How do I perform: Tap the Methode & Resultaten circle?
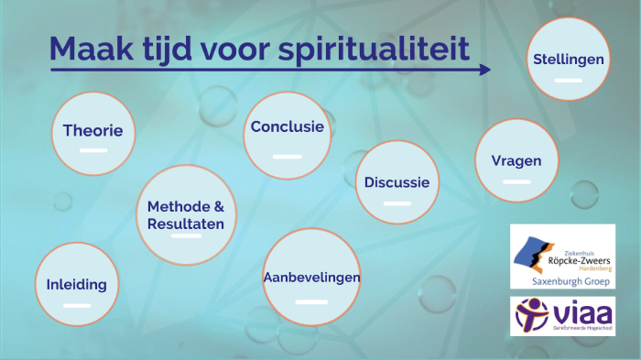point(185,214)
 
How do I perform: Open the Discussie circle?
point(397,182)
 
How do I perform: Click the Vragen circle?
point(516,160)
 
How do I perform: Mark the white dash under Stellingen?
point(568,81)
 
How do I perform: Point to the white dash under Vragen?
point(516,181)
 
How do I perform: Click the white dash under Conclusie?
point(288,157)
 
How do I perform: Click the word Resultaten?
point(185,224)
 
